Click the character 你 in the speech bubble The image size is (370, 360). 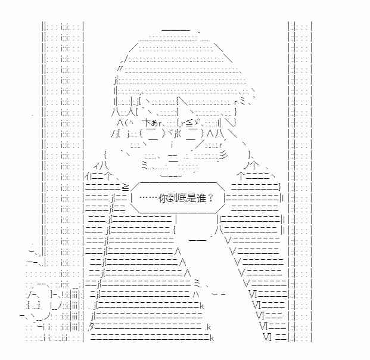pyautogui.click(x=163, y=198)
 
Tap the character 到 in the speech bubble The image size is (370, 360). pyautogui.click(x=172, y=198)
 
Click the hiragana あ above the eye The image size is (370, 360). pyautogui.click(x=154, y=123)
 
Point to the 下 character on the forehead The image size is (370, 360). pyautogui.click(x=147, y=123)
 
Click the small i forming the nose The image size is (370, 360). pyautogui.click(x=172, y=144)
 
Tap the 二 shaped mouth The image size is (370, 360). pyautogui.click(x=173, y=158)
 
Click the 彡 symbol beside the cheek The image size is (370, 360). pyautogui.click(x=223, y=156)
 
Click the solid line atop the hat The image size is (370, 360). pyautogui.click(x=176, y=30)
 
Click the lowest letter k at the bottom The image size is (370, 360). pyautogui.click(x=212, y=338)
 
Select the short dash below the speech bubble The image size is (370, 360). pyautogui.click(x=198, y=240)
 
